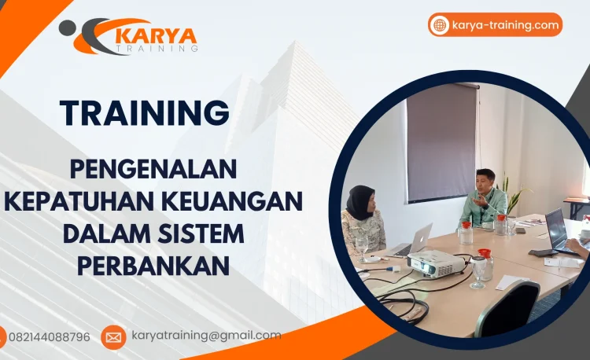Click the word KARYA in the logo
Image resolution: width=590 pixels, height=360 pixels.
tap(155, 35)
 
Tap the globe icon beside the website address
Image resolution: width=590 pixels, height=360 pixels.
tap(440, 25)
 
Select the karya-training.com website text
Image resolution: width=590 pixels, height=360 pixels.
tap(505, 25)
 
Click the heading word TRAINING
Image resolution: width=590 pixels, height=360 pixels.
tap(145, 113)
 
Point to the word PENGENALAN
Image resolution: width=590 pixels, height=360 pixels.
tap(153, 168)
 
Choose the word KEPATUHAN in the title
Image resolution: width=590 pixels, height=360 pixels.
tap(76, 200)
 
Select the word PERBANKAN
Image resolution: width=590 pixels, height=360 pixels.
tap(153, 265)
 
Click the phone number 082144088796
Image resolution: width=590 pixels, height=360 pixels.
tap(49, 336)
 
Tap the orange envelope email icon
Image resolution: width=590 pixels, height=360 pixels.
tap(113, 337)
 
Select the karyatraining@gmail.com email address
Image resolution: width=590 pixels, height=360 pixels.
tap(206, 336)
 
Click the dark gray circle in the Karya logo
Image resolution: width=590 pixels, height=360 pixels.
tap(68, 28)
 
